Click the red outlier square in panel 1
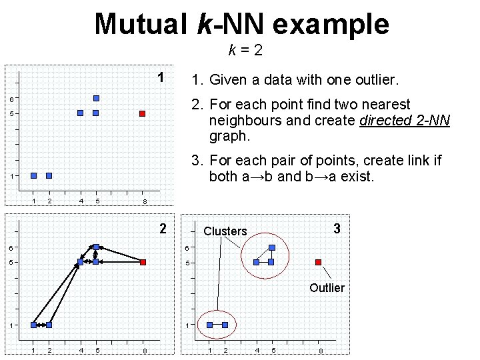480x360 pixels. [x=142, y=114]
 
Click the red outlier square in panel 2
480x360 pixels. [x=142, y=262]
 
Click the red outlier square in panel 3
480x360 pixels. [x=319, y=262]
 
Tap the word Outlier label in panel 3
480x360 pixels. [x=327, y=288]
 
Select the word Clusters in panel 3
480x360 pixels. [x=225, y=231]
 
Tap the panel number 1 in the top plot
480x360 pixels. [x=161, y=77]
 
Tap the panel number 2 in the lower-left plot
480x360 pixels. [x=163, y=229]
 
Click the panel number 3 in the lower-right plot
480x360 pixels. [x=337, y=229]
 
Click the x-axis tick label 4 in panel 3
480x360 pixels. [x=257, y=351]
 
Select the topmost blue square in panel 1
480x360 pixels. [x=96, y=98]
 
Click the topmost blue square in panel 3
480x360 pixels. [x=271, y=247]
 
